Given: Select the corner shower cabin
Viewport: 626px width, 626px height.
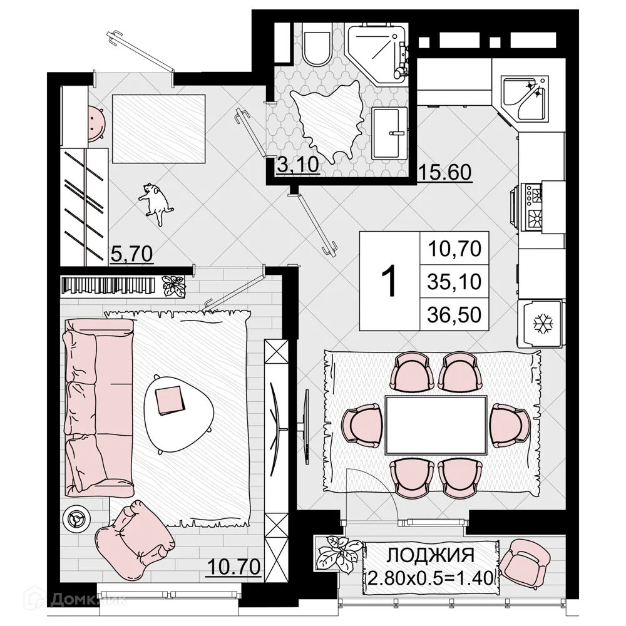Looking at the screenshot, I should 376,53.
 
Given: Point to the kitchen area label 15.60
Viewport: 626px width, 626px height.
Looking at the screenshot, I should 445,172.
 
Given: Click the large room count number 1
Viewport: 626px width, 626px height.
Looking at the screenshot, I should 389,282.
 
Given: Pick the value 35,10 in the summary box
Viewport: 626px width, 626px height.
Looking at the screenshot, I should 454,282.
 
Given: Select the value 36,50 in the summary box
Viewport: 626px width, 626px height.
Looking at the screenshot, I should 454,314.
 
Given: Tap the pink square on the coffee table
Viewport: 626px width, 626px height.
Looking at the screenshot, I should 170,401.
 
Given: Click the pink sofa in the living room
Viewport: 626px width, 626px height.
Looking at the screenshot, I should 94,407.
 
